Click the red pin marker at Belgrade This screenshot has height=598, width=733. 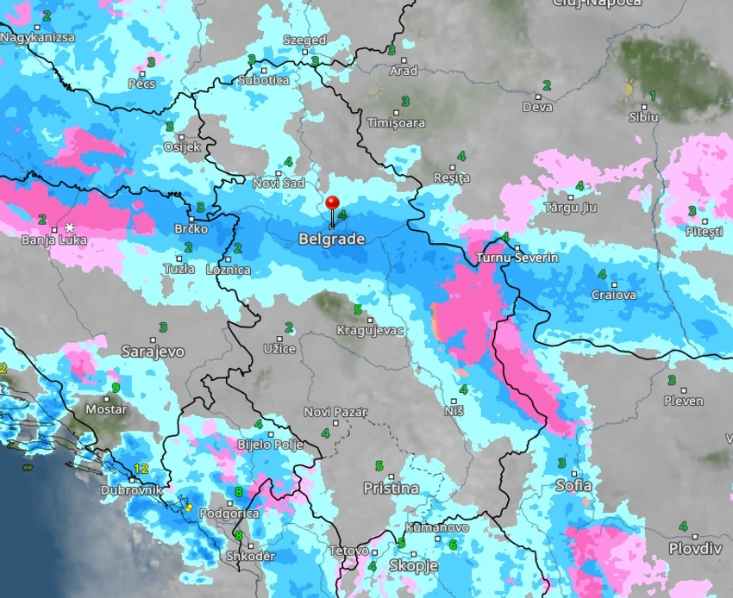[x=332, y=204]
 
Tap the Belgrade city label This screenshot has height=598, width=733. [x=331, y=239]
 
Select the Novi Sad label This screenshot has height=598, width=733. [x=279, y=184]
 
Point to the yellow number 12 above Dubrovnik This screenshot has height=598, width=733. [x=141, y=469]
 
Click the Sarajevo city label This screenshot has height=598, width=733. [x=153, y=352]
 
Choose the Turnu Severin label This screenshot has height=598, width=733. [x=517, y=258]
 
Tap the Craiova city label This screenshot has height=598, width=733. [x=614, y=296]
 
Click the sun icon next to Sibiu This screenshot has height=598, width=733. [x=629, y=89]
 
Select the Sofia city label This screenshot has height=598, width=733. [x=573, y=485]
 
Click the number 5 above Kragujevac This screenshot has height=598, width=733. [x=357, y=309]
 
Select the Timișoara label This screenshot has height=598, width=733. [x=396, y=122]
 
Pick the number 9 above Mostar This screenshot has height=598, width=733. [x=116, y=388]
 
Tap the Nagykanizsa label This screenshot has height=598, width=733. [x=38, y=38]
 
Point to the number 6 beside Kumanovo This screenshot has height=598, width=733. [x=452, y=544]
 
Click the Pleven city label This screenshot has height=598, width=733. [x=684, y=401]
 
